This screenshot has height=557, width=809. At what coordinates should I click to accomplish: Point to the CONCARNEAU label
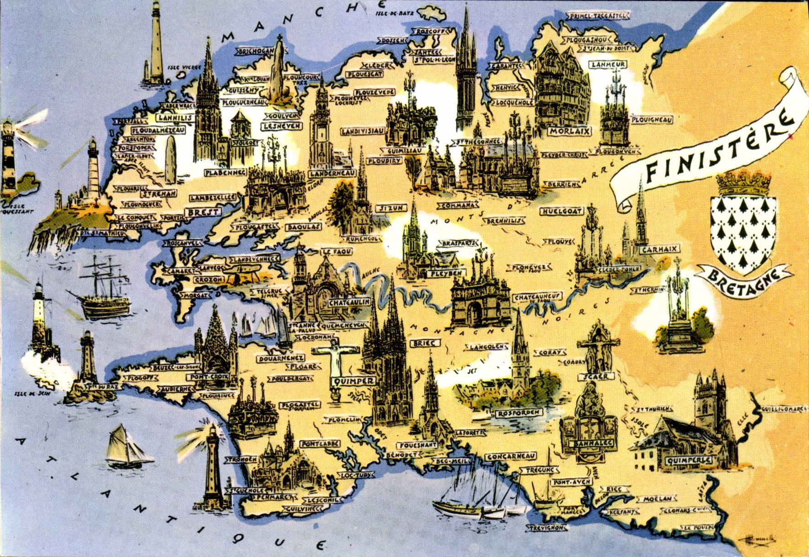pyautogui.click(x=511, y=457)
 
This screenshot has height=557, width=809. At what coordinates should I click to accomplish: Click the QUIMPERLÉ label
pyautogui.click(x=689, y=460)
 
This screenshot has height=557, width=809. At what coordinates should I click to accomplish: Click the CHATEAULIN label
pyautogui.click(x=349, y=303)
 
